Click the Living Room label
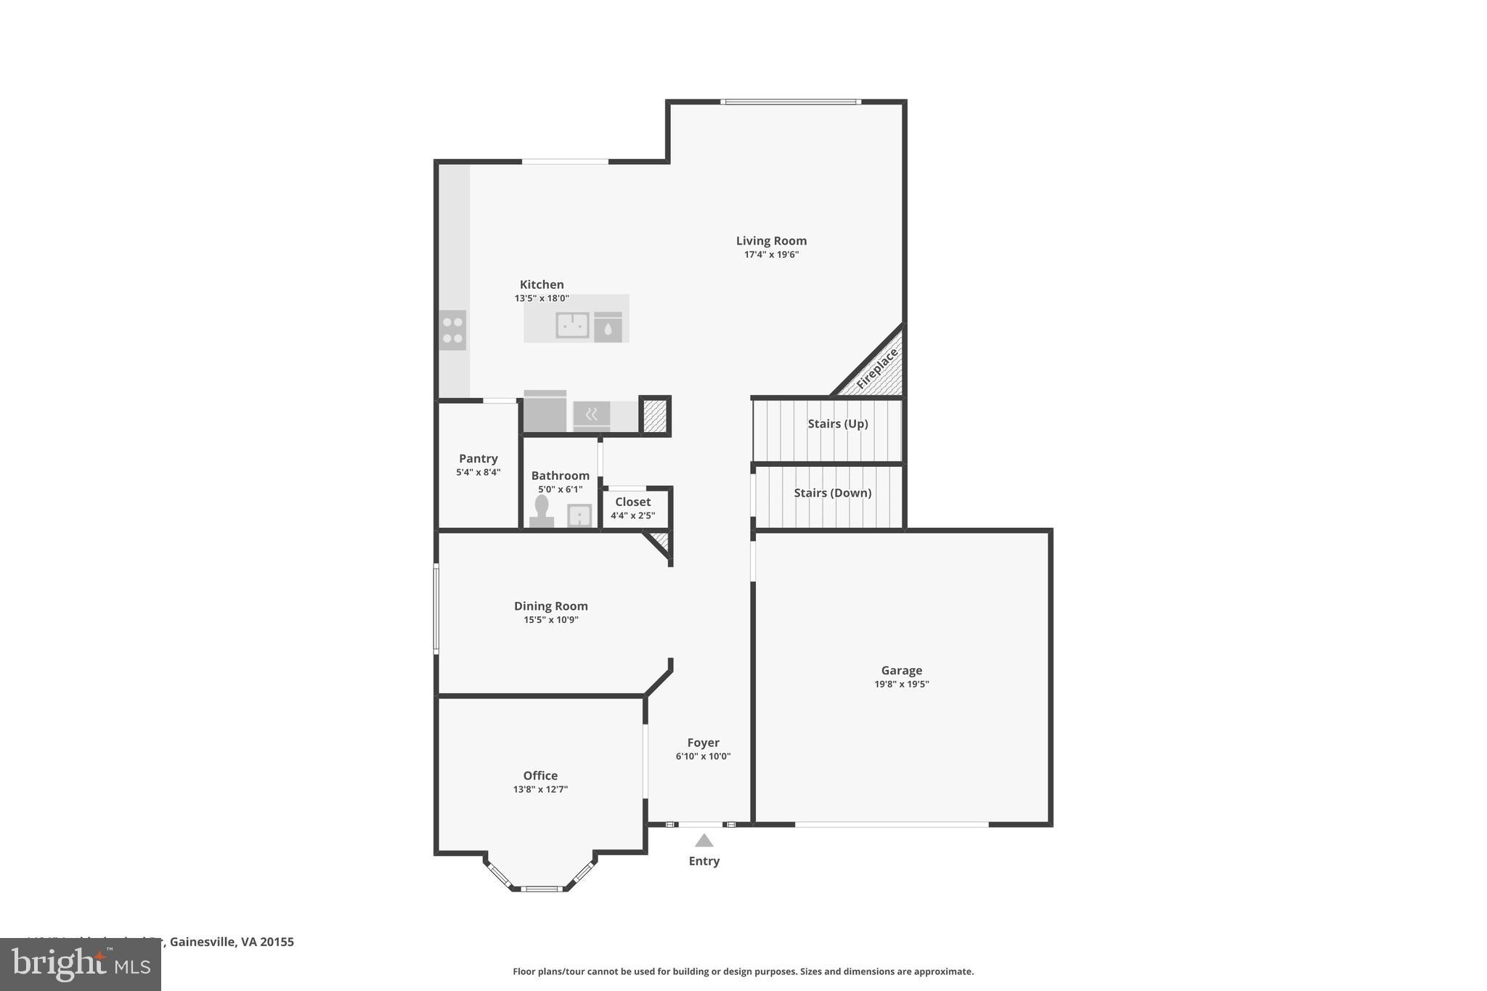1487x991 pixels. pyautogui.click(x=771, y=241)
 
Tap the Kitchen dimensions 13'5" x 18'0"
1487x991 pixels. pyautogui.click(x=542, y=298)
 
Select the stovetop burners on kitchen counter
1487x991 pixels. pyautogui.click(x=452, y=330)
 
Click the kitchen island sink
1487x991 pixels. pyautogui.click(x=572, y=325)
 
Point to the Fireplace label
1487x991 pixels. pyautogui.click(x=877, y=368)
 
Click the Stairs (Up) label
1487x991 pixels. pyautogui.click(x=837, y=424)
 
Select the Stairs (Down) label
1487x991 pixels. pyautogui.click(x=832, y=493)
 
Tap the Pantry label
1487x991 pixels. pyautogui.click(x=478, y=459)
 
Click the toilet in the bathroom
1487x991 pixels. pyautogui.click(x=542, y=510)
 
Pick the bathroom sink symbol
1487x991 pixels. pyautogui.click(x=579, y=515)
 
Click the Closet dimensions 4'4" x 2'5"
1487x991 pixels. pyautogui.click(x=632, y=516)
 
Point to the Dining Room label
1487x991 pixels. pyautogui.click(x=550, y=606)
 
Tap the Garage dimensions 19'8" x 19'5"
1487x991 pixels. pyautogui.click(x=901, y=684)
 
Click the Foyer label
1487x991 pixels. pyautogui.click(x=703, y=743)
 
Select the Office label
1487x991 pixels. pyautogui.click(x=540, y=775)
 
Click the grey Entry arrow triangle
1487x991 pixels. pyautogui.click(x=704, y=841)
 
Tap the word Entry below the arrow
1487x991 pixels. pyautogui.click(x=704, y=861)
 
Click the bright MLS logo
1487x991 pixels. pyautogui.click(x=81, y=964)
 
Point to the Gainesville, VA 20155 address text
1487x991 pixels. pyautogui.click(x=231, y=942)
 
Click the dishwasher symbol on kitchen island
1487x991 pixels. pyautogui.click(x=608, y=327)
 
